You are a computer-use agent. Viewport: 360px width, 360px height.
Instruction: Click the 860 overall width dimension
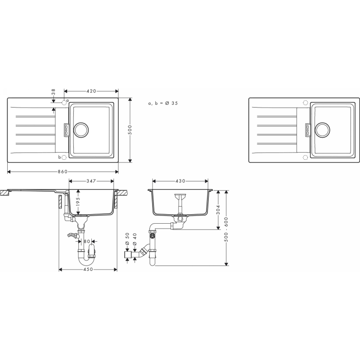pyautogui.click(x=63, y=171)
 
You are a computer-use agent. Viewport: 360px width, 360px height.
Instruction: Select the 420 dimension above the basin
pyautogui.click(x=91, y=91)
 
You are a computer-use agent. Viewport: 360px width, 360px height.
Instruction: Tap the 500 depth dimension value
pyautogui.click(x=130, y=130)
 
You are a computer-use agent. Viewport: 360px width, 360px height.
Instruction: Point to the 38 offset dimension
pyautogui.click(x=54, y=92)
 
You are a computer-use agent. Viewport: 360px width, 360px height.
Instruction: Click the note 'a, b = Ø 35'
pyautogui.click(x=163, y=103)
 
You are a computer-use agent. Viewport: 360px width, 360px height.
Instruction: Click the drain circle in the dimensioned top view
pyautogui.click(x=81, y=130)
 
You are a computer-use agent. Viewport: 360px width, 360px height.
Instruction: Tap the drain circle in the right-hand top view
pyautogui.click(x=323, y=130)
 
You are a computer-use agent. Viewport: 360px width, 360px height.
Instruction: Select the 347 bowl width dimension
pyautogui.click(x=91, y=181)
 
